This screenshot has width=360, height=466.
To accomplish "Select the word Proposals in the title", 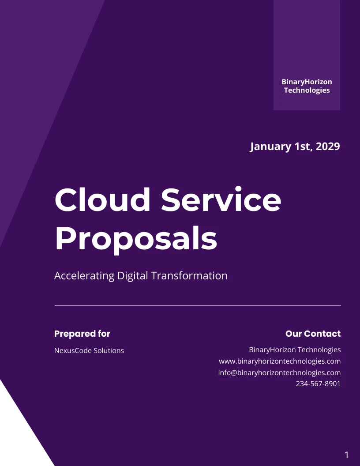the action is pos(136,239).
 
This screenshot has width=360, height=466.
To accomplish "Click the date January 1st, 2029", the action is pos(295,146).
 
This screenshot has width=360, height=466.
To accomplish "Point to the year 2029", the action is pos(328,146).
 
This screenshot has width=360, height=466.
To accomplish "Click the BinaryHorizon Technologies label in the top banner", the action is pos(307,86).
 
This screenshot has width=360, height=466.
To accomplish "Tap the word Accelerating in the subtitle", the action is pos(84,276).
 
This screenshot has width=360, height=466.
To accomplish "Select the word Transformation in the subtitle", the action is pos(190,275).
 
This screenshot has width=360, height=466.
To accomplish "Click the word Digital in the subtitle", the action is pos(133,276).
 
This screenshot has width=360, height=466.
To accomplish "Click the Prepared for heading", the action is pos(82,334).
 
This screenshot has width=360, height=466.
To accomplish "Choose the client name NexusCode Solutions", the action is pos(89,350).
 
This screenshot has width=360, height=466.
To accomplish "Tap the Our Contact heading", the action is pos(313,334).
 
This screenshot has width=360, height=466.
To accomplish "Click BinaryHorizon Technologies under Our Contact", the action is pos(295,350).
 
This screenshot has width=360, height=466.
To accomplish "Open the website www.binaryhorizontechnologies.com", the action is pos(280,361).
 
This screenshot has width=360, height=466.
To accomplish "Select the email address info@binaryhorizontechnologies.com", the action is pos(280,373).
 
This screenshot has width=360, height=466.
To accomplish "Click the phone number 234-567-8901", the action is pos(318,383).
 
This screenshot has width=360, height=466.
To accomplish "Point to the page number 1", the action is pos(346,455).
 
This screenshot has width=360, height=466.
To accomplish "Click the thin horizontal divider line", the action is pos(198,305).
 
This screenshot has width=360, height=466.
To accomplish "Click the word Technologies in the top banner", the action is pos(307,90).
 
